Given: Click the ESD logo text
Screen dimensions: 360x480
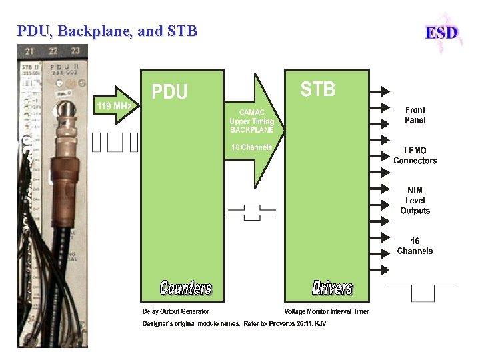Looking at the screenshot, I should tap(442, 32).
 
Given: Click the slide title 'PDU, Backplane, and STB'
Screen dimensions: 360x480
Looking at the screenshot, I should tap(107, 31).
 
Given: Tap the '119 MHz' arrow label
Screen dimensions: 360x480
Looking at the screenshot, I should tap(114, 106).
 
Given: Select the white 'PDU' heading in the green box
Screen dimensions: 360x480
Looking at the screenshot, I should tap(170, 92).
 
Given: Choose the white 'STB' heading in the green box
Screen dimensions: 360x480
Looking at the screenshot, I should tap(317, 89).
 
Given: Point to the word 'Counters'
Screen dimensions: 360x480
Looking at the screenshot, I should tap(185, 288).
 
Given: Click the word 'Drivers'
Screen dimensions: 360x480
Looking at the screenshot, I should tap(332, 288).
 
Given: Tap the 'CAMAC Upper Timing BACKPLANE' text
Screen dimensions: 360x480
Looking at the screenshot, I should tap(251, 121).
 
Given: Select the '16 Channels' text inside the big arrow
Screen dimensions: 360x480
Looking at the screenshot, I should tap(251, 147).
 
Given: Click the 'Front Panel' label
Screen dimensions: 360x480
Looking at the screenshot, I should tap(415, 115).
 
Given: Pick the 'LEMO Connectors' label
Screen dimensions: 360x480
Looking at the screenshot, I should tap(415, 155).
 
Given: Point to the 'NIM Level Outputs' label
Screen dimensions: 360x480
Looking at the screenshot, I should tap(415, 201).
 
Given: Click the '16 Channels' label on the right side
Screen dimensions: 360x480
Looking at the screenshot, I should tap(415, 246).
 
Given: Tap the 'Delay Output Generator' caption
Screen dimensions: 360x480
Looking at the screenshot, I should tap(175, 311).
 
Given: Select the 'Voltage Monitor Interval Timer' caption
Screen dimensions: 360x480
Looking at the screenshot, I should tap(326, 311).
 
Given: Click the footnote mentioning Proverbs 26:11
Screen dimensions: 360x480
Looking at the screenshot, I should tap(234, 323).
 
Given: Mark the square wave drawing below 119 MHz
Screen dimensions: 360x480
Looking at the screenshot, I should tap(114, 142).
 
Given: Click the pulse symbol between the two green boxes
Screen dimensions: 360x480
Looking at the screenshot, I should tap(251, 212).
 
